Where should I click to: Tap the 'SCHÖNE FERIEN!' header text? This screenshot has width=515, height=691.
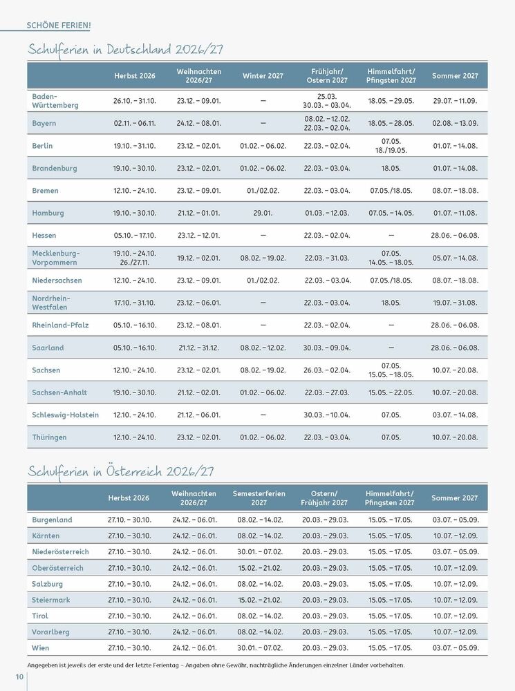(59, 26)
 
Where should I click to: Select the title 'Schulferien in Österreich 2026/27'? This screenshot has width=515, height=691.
(121, 472)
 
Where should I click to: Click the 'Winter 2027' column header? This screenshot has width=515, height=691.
(263, 75)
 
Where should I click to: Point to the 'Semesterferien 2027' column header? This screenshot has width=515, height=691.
(259, 498)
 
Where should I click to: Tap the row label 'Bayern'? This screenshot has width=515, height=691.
(44, 123)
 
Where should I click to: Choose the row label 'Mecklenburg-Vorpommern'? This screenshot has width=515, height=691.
(56, 258)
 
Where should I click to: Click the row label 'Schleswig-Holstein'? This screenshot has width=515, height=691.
(66, 415)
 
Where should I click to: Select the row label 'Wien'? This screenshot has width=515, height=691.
(41, 648)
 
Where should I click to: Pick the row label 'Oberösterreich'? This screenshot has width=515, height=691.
(57, 568)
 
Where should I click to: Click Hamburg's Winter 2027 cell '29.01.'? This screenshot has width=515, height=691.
(263, 213)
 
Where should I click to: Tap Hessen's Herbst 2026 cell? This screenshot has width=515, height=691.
(135, 236)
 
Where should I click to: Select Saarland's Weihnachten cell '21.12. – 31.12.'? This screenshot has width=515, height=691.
(198, 348)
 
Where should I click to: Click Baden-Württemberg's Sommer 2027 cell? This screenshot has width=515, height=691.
(455, 101)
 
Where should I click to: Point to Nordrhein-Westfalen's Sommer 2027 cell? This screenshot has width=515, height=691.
(455, 303)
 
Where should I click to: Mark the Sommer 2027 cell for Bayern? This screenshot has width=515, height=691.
(455, 123)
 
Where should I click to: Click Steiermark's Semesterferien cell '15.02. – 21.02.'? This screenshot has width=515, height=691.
(259, 600)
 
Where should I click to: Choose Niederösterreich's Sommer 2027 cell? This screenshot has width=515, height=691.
(455, 552)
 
